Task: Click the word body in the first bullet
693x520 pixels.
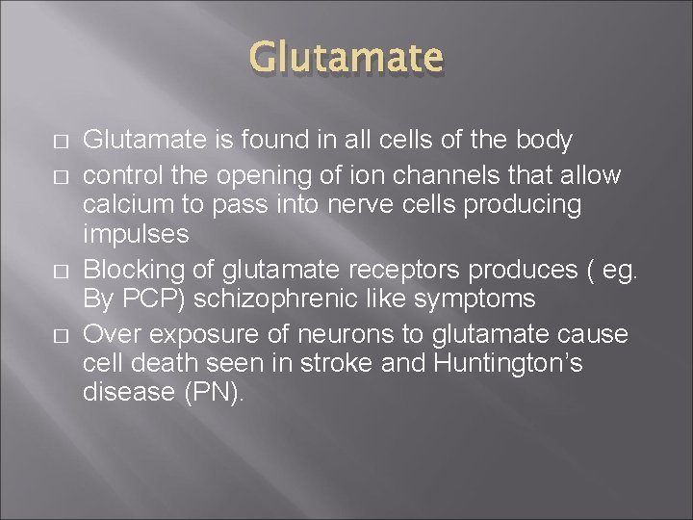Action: [x=544, y=141]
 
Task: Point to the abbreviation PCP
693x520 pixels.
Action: [x=153, y=299]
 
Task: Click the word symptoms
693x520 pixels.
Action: [x=475, y=299]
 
